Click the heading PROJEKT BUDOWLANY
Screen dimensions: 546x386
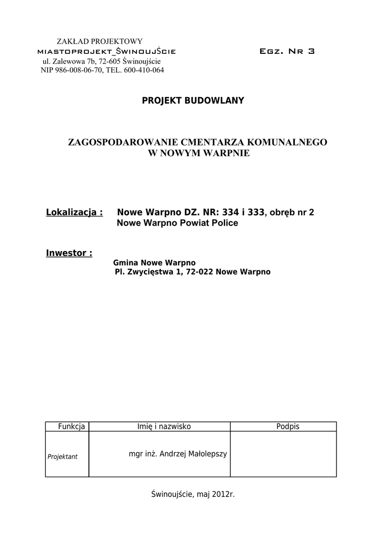tap(193, 101)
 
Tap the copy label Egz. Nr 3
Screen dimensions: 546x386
tap(287, 52)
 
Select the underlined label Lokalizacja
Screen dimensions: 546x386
tap(74, 212)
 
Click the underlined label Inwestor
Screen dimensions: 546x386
tap(69, 253)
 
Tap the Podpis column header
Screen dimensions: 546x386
tap(288, 427)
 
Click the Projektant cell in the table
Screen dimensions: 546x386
tap(62, 456)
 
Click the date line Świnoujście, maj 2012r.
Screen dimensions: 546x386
tap(193, 494)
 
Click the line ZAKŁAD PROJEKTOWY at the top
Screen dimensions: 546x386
tap(99, 42)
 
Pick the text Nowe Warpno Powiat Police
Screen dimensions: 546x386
tap(177, 223)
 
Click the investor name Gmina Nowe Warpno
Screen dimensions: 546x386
tap(155, 263)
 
